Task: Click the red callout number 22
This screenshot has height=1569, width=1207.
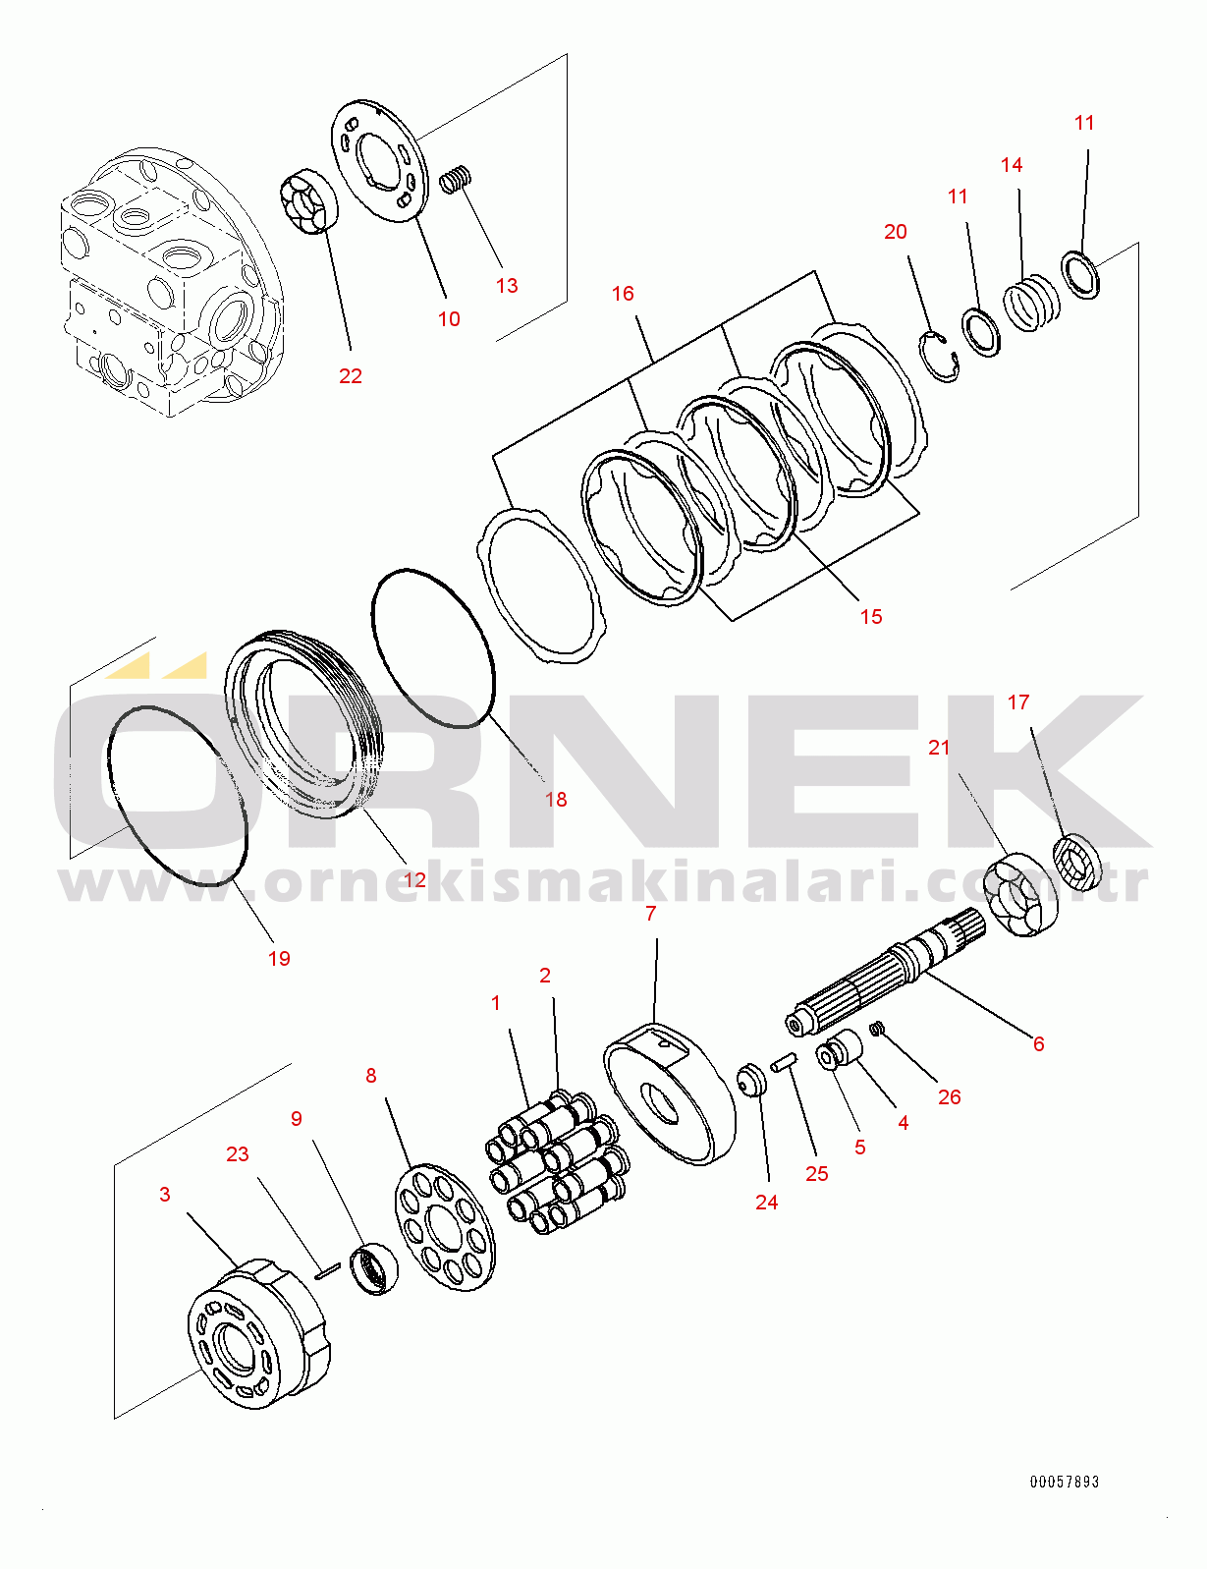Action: point(351,375)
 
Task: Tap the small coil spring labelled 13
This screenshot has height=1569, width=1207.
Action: point(456,179)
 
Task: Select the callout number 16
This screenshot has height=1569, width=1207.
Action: point(623,293)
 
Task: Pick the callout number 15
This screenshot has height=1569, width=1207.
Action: point(871,616)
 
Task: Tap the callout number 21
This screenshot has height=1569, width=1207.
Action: point(939,748)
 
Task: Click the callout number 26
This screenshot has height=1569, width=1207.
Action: point(950,1096)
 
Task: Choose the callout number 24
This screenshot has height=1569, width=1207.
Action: point(766,1203)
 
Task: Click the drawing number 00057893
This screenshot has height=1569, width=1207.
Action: point(1065,1483)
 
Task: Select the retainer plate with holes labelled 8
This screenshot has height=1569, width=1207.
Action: point(445,1227)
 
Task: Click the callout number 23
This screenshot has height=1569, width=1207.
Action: point(238,1154)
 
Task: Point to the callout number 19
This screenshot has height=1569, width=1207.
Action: point(279,958)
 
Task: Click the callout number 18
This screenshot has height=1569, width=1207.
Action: point(556,800)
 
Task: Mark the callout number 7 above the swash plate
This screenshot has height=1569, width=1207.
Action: point(651,914)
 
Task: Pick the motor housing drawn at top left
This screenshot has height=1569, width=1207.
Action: point(172,282)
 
